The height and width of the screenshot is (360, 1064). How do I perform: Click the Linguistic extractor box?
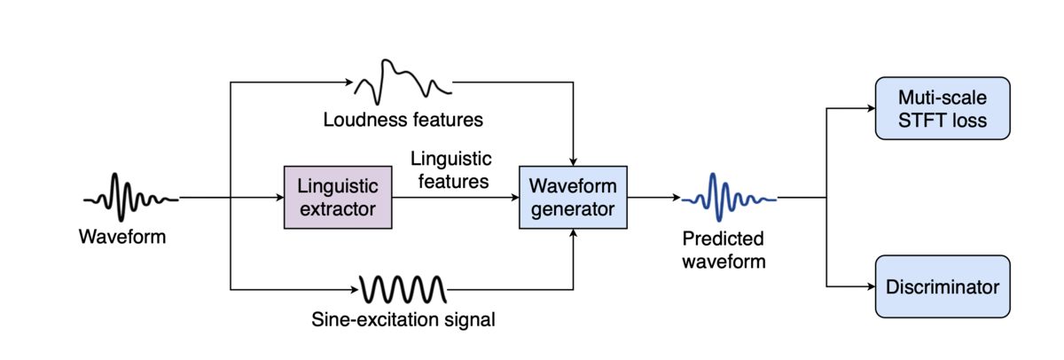[338, 197]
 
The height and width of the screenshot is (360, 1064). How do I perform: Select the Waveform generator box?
[573, 197]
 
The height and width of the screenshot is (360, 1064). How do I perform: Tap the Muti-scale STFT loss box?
[943, 108]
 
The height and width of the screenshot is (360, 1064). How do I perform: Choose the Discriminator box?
[943, 286]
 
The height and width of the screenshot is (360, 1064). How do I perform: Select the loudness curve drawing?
[403, 82]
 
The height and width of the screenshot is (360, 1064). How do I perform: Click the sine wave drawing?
[403, 289]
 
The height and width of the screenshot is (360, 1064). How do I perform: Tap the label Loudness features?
[403, 120]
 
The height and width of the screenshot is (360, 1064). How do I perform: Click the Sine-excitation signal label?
[403, 319]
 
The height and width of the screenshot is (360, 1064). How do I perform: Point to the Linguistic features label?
[451, 170]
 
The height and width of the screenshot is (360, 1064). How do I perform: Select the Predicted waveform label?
[724, 250]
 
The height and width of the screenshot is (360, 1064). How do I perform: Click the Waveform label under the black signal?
[122, 237]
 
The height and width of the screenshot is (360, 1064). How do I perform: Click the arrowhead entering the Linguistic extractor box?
[280, 197]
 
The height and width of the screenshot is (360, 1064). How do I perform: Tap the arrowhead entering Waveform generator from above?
[573, 162]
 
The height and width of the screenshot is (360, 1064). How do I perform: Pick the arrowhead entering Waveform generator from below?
[573, 232]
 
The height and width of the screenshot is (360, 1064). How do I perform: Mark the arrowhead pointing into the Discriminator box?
[871, 286]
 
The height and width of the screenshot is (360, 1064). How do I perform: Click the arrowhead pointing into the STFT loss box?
[871, 108]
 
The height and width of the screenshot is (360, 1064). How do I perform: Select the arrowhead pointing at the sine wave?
[355, 289]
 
